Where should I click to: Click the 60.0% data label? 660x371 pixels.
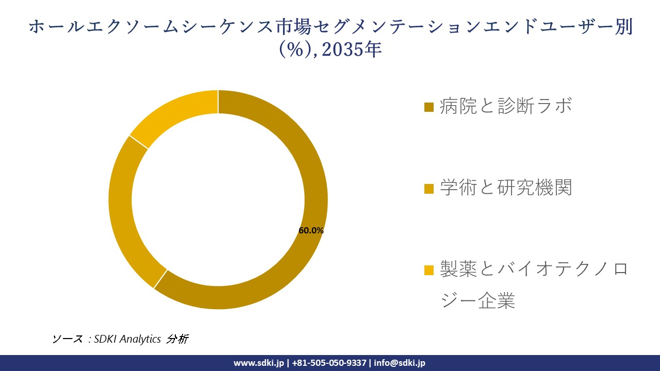[311, 231]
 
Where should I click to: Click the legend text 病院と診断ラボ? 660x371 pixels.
[506, 106]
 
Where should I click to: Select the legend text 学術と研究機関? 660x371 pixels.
[506, 188]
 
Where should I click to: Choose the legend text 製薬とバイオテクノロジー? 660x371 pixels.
[534, 269]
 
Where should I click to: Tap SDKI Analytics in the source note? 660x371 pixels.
[127, 339]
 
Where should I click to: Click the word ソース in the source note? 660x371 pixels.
[67, 339]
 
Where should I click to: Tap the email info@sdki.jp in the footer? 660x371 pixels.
[400, 363]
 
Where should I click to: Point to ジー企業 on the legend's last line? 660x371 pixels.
[478, 300]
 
